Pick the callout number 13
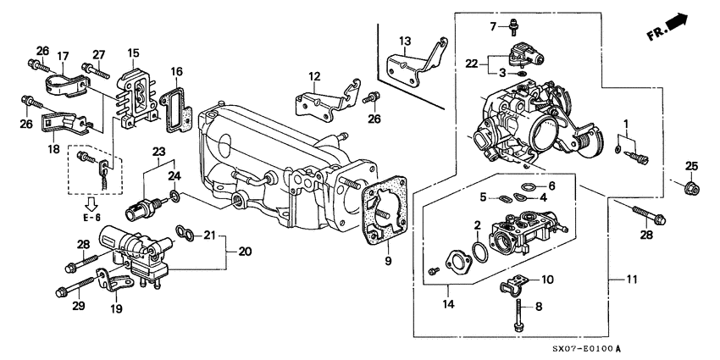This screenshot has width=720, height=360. click(x=405, y=41)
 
